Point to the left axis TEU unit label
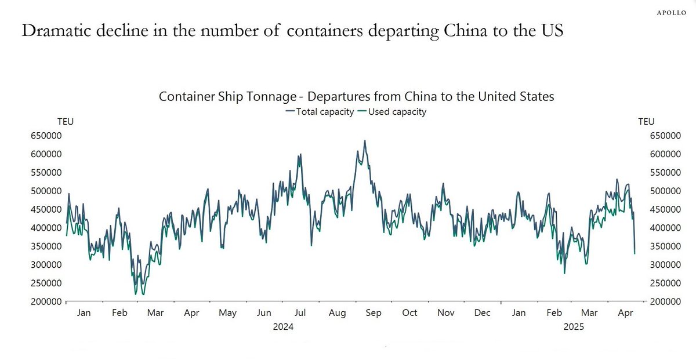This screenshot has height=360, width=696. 65,122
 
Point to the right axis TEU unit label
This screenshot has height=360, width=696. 646,122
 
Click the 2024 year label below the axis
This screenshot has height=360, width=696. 283,327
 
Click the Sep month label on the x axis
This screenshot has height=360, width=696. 374,313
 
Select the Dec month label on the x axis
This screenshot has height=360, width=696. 483,313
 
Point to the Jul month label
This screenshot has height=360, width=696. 300,313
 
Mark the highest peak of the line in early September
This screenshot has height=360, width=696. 364,140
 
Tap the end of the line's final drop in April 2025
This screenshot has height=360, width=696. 635,253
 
